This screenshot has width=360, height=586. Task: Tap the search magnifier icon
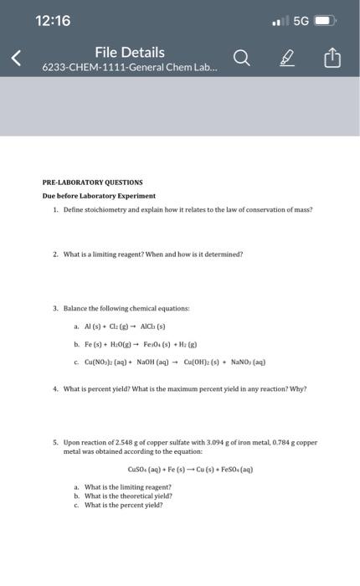click(x=241, y=59)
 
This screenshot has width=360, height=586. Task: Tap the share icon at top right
click(x=332, y=59)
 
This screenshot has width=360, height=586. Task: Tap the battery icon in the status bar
click(x=328, y=21)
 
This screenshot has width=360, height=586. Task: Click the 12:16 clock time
click(x=54, y=21)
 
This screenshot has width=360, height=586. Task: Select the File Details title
click(x=130, y=52)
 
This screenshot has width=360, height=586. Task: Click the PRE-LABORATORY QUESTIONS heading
click(x=92, y=182)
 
